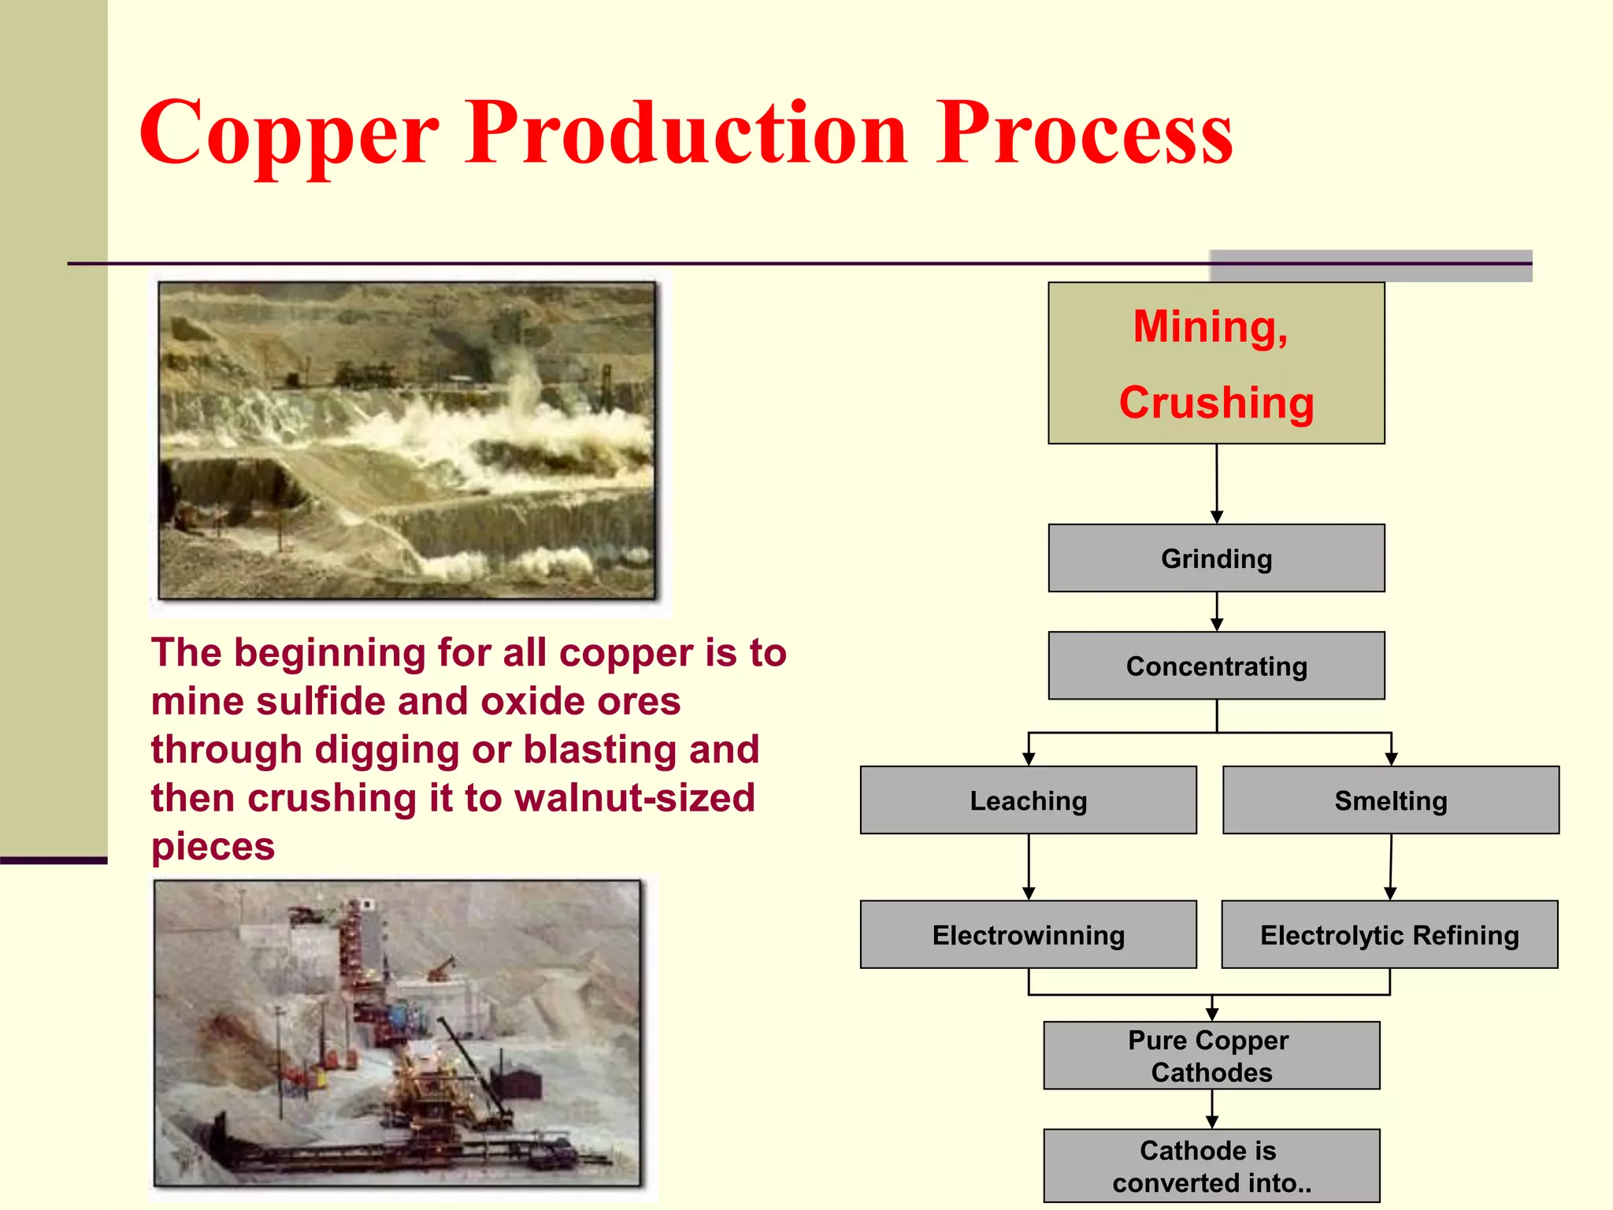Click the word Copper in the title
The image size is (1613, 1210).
(x=288, y=134)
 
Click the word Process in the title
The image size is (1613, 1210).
(x=1085, y=134)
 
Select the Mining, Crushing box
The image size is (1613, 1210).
(x=1216, y=363)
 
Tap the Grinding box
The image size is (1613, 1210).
(x=1216, y=559)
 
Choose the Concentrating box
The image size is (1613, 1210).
(x=1216, y=666)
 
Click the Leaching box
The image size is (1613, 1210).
(x=1028, y=800)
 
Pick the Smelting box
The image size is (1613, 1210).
(x=1390, y=800)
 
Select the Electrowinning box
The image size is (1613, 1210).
(x=1028, y=935)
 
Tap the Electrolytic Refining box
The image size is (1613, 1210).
(x=1389, y=935)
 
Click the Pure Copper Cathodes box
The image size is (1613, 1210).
(x=1211, y=1056)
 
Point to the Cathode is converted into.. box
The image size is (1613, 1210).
(x=1211, y=1166)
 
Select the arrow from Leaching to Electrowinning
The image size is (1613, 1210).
(x=1028, y=867)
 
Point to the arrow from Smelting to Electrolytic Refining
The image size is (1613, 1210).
(x=1391, y=867)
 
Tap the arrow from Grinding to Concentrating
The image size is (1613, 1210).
(x=1216, y=611)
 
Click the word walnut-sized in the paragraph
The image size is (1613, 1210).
(x=635, y=798)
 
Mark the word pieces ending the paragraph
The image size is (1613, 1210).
(x=213, y=847)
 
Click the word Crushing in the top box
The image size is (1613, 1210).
(x=1216, y=403)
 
